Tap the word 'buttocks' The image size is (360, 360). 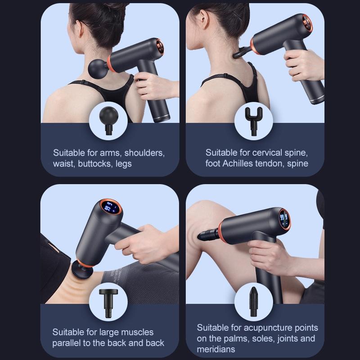point(94,163)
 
